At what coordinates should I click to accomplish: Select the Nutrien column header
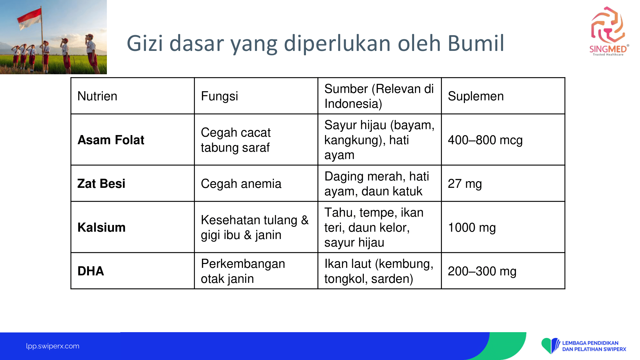point(97,96)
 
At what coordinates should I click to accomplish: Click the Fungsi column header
point(220,96)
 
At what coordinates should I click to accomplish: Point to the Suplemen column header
point(476,96)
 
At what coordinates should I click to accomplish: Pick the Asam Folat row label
point(111,140)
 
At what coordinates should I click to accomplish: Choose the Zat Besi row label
point(101,184)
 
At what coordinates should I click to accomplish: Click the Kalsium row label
point(101,228)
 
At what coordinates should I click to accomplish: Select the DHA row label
point(91,271)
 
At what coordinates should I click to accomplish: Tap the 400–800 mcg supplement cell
point(485,140)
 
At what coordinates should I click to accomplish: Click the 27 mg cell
point(465,184)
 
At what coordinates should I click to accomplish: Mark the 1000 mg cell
point(472,228)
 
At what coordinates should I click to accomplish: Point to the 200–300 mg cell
point(482,271)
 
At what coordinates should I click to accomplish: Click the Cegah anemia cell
point(241,184)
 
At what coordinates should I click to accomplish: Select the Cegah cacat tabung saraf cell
point(236,140)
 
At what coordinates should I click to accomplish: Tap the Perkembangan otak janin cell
point(243,271)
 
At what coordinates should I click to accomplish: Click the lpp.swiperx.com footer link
point(52,346)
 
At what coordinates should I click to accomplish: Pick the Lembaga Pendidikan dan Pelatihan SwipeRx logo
point(583,346)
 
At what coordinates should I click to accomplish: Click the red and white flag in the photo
point(29,19)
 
